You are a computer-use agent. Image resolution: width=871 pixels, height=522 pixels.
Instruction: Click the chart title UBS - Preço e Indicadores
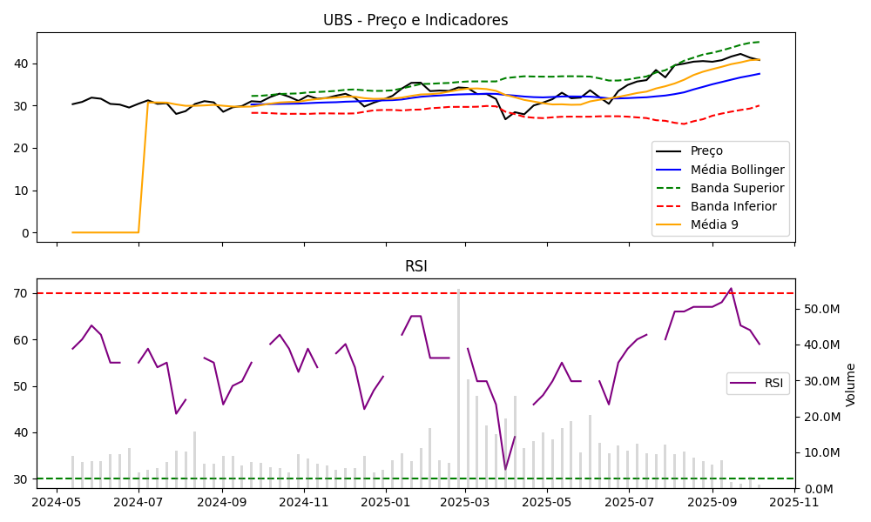(415, 20)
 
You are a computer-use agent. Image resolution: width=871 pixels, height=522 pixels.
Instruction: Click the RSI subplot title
(415, 266)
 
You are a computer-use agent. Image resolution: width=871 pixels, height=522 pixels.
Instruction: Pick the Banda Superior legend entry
(737, 188)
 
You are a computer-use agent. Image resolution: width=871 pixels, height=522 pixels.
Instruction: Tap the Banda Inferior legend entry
(734, 206)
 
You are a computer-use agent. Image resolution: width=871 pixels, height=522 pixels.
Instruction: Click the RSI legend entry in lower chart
(773, 383)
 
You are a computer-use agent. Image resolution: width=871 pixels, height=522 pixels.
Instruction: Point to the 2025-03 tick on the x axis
(464, 501)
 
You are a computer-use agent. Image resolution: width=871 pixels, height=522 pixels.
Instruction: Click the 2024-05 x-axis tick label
(57, 501)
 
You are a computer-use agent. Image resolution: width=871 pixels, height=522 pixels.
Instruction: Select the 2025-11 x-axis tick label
(794, 501)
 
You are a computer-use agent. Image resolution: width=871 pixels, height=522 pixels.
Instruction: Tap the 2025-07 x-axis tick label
(629, 501)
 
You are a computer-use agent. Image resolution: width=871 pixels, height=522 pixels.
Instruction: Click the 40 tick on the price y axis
(21, 64)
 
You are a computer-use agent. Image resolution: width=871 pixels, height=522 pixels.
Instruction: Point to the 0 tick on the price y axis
(24, 233)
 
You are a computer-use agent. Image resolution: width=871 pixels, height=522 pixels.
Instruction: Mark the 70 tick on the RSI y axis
(21, 293)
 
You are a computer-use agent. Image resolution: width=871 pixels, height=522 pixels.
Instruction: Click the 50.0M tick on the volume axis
(822, 309)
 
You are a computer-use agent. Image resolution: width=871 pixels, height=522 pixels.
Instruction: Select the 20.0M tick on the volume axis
(822, 417)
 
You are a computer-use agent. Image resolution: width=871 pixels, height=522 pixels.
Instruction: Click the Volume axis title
(851, 385)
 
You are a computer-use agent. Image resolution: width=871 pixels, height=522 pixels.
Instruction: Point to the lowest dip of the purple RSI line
(505, 470)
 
